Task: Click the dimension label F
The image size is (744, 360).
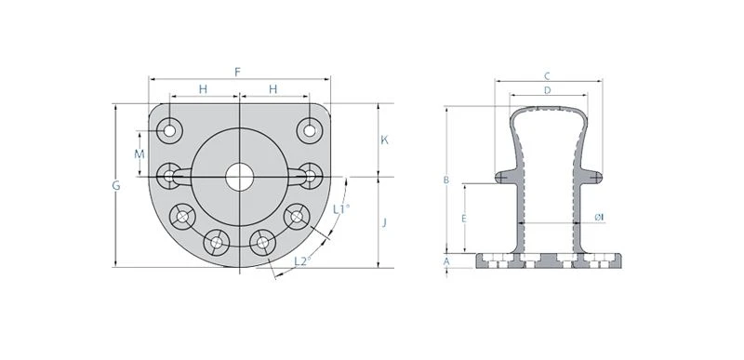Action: pyautogui.click(x=238, y=73)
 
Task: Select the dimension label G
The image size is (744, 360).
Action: pyautogui.click(x=116, y=186)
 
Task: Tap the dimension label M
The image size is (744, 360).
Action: pyautogui.click(x=139, y=154)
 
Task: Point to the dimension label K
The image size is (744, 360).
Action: pyautogui.click(x=385, y=140)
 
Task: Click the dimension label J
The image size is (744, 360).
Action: pyautogui.click(x=384, y=222)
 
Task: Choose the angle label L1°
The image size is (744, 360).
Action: pyautogui.click(x=341, y=209)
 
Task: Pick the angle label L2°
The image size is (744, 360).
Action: pyautogui.click(x=303, y=260)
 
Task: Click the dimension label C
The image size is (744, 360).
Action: pyautogui.click(x=547, y=76)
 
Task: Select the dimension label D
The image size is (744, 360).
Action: pyautogui.click(x=547, y=90)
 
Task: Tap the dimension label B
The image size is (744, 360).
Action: pyautogui.click(x=446, y=180)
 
